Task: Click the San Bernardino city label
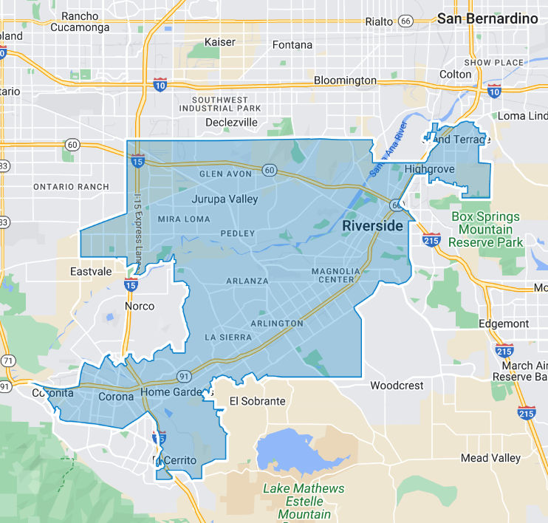487,19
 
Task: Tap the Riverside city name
373,225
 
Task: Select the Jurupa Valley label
225,199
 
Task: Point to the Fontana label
292,45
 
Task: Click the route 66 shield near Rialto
405,21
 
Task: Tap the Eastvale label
91,272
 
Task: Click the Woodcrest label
397,386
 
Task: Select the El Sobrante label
257,401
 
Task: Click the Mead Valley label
490,458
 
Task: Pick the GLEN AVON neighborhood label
226,174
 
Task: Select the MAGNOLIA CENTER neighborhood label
335,275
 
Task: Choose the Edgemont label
503,324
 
